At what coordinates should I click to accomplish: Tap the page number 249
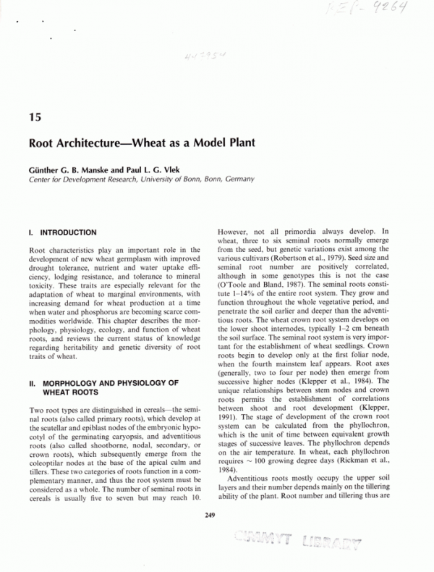pos(210,515)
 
